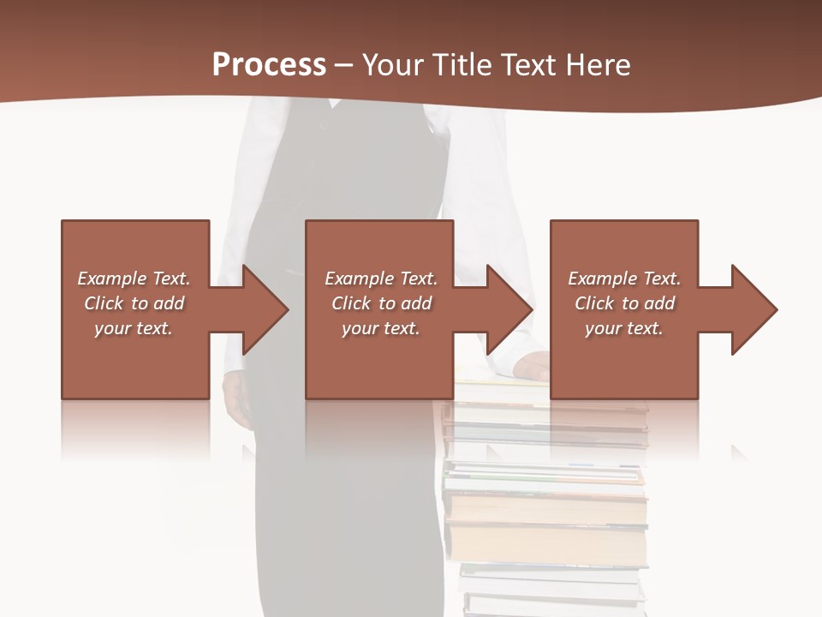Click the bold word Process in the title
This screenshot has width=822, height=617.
[x=269, y=64]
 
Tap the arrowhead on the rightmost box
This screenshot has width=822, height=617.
[x=753, y=309]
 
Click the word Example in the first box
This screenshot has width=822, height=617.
[x=112, y=279]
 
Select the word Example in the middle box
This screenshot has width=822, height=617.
[x=360, y=279]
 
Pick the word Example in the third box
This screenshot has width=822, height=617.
[x=603, y=279]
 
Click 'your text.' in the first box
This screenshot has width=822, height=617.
[x=134, y=328]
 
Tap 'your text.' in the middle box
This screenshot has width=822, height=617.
[x=380, y=328]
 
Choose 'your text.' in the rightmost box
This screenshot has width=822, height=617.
[x=623, y=328]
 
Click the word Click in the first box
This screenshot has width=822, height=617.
[x=103, y=303]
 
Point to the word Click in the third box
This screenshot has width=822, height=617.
[x=594, y=303]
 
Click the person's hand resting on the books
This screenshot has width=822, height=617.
[x=531, y=366]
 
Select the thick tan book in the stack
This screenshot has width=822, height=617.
[x=546, y=543]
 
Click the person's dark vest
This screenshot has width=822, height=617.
[x=360, y=171]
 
